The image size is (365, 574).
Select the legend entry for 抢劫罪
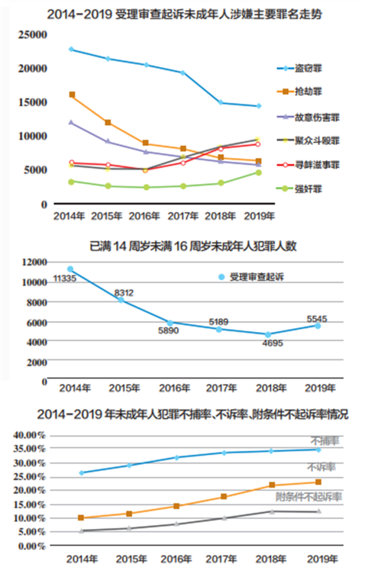pyautogui.click(x=309, y=92)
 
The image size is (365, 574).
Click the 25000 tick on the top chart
pyautogui.click(x=32, y=35)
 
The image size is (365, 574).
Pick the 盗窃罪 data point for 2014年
pyautogui.click(x=70, y=49)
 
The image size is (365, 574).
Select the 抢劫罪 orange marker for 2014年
pyautogui.click(x=71, y=94)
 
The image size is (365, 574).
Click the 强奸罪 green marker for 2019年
pyautogui.click(x=258, y=172)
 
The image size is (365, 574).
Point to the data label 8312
pyautogui.click(x=124, y=293)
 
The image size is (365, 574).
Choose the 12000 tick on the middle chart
pyautogui.click(x=34, y=262)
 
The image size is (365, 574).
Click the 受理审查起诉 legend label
pyautogui.click(x=257, y=277)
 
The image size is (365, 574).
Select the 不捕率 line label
pyautogui.click(x=324, y=440)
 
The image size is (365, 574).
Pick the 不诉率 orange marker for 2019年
pyautogui.click(x=318, y=482)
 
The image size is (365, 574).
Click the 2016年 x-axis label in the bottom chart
pyautogui.click(x=176, y=559)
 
